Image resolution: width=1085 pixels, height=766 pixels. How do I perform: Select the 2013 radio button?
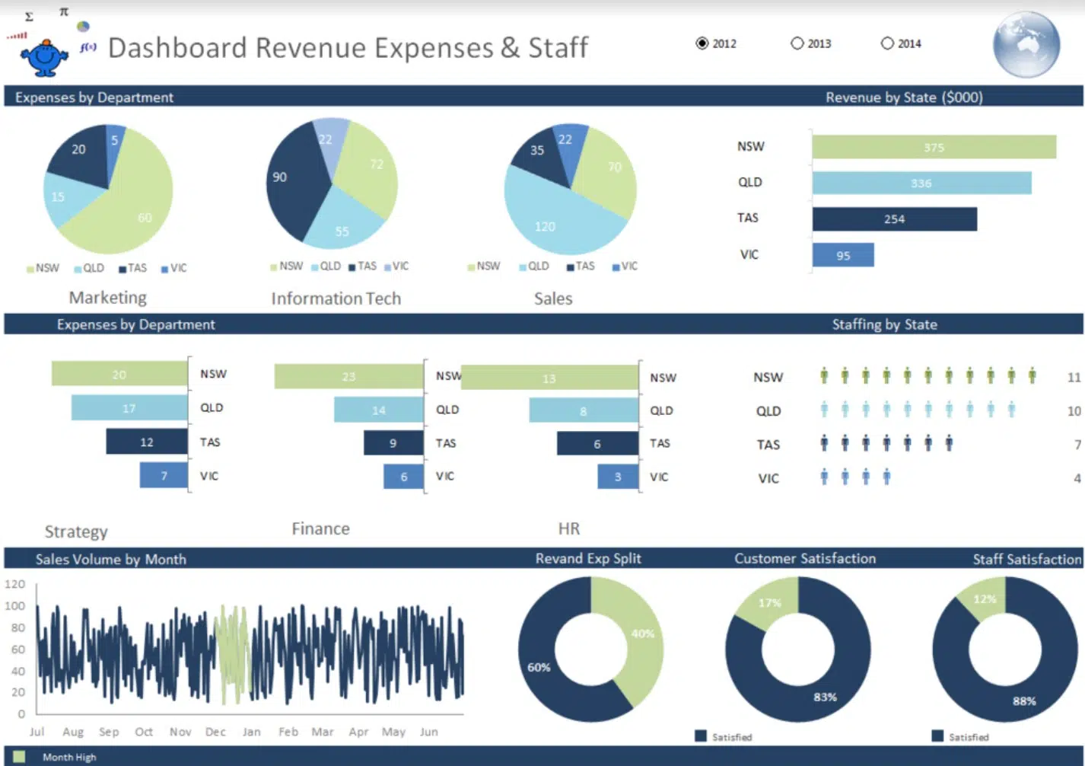pyautogui.click(x=797, y=43)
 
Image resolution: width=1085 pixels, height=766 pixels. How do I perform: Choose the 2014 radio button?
pyautogui.click(x=887, y=43)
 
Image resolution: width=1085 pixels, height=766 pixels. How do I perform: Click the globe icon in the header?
pyautogui.click(x=1026, y=44)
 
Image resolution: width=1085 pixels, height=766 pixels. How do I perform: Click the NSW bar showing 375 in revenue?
pyautogui.click(x=934, y=147)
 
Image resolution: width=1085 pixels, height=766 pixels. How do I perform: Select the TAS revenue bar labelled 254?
pyautogui.click(x=894, y=219)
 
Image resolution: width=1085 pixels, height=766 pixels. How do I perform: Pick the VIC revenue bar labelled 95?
pyautogui.click(x=843, y=255)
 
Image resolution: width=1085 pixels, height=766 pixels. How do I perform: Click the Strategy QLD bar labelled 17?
pyautogui.click(x=129, y=408)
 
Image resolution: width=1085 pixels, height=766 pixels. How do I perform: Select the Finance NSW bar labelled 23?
pyautogui.click(x=348, y=376)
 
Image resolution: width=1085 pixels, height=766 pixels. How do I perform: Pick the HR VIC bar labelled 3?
pyautogui.click(x=618, y=477)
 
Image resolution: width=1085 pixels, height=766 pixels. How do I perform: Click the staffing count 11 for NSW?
pyautogui.click(x=1074, y=377)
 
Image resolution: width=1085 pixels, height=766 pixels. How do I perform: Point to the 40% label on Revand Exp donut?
pyautogui.click(x=642, y=634)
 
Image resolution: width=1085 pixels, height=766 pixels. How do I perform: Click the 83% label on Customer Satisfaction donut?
pyautogui.click(x=825, y=697)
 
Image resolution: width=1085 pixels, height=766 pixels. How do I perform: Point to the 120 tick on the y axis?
pyautogui.click(x=15, y=584)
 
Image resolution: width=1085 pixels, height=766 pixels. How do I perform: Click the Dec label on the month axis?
pyautogui.click(x=215, y=732)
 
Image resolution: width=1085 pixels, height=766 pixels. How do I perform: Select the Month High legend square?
pyautogui.click(x=19, y=756)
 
